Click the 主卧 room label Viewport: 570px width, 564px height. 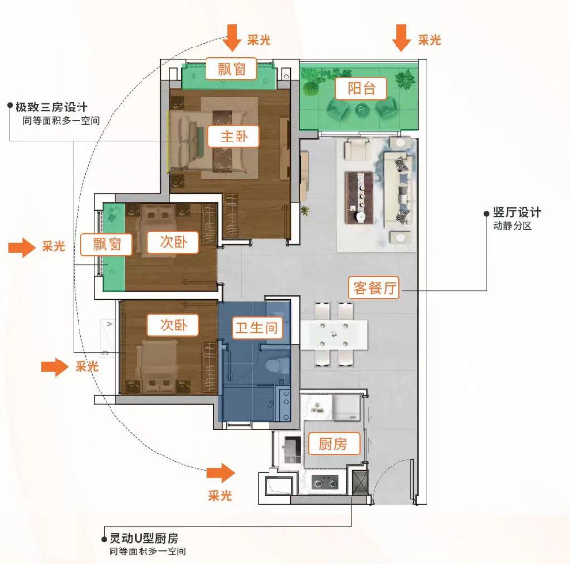234,137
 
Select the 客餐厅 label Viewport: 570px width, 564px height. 375,287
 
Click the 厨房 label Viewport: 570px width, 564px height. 332,444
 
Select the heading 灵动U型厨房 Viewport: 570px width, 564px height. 143,537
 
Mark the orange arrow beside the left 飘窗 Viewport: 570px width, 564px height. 23,248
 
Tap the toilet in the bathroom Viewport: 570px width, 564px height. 274,367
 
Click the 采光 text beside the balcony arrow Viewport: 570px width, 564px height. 429,40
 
